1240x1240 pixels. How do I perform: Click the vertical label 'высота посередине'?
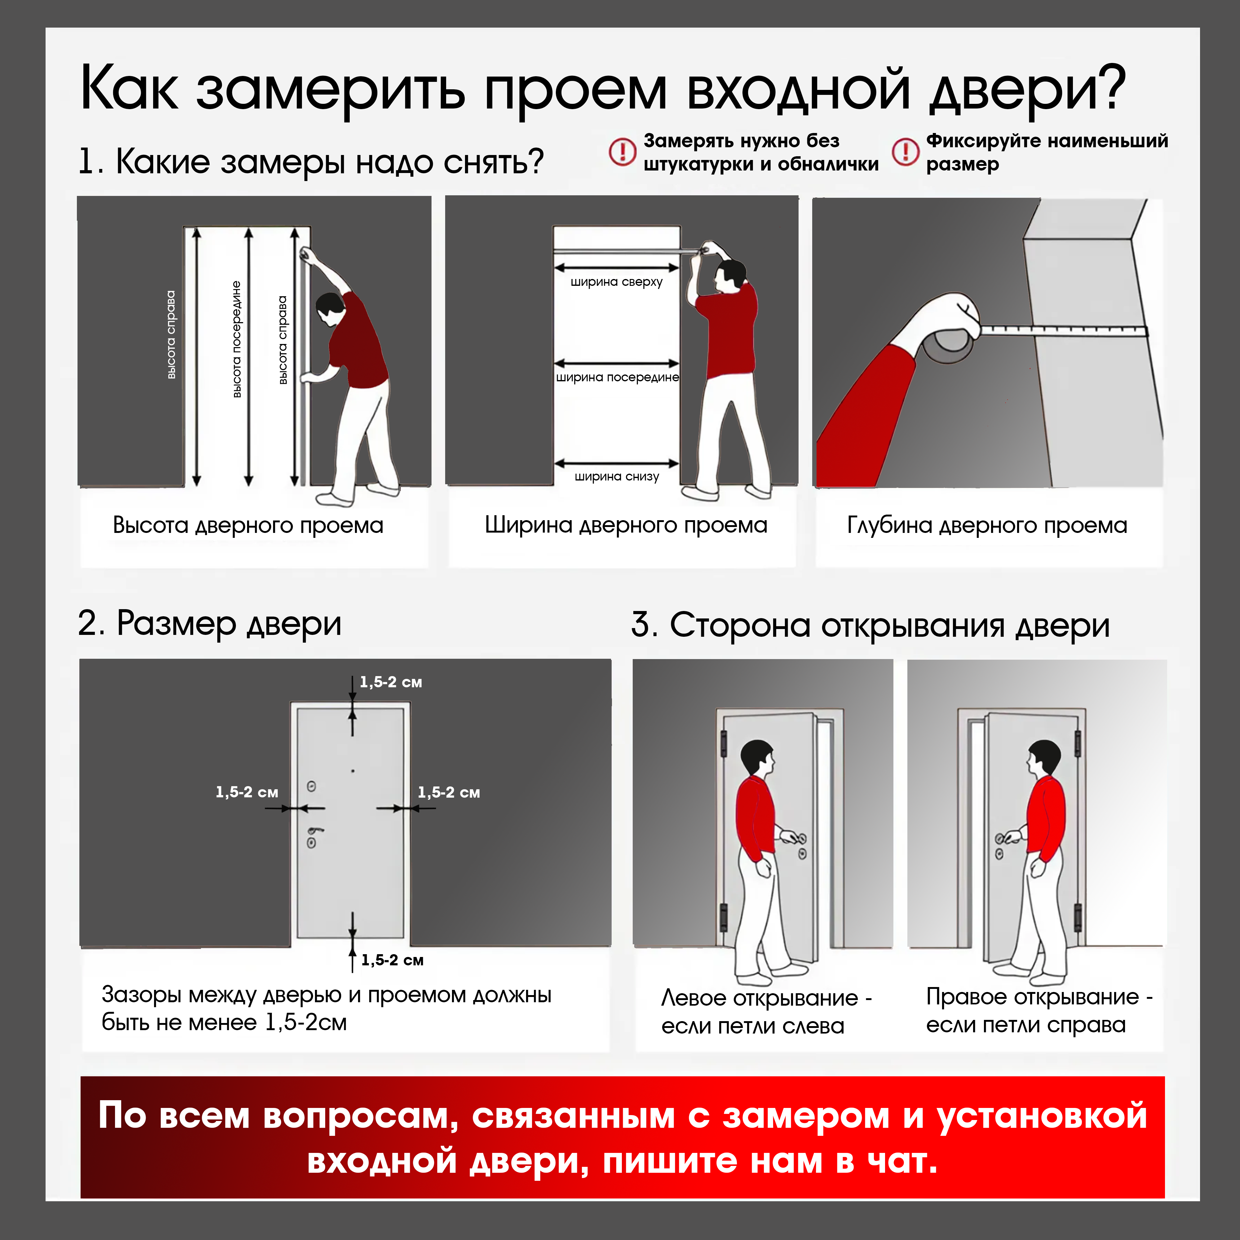[236, 339]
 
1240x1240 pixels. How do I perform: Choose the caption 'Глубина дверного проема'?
[986, 525]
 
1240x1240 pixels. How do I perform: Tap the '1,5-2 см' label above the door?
[390, 682]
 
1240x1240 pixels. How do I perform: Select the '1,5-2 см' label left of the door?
[246, 792]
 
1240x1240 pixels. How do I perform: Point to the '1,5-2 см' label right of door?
[449, 792]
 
